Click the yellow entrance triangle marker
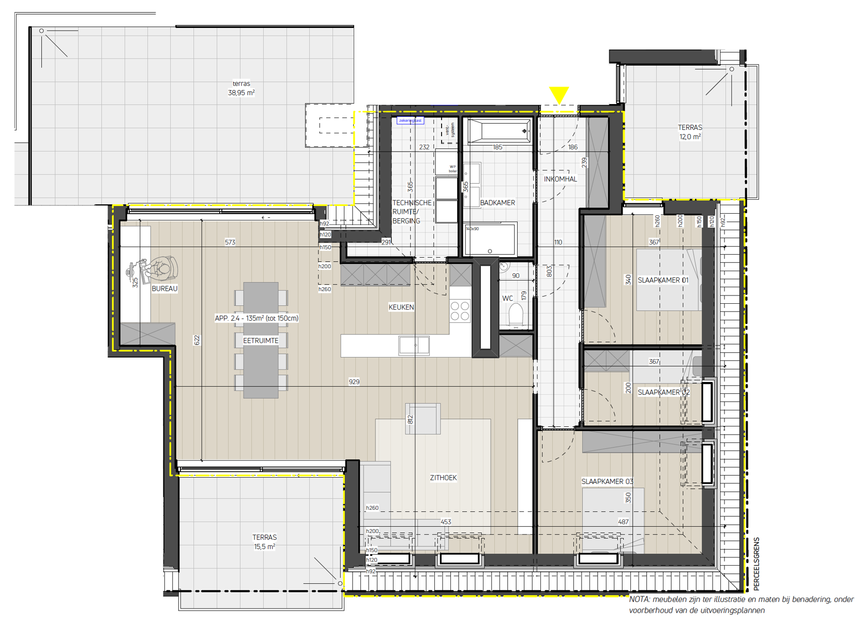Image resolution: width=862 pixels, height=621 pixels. point(559,95)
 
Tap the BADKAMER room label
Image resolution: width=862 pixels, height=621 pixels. point(497,203)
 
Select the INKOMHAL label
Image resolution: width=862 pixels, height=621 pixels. point(560,179)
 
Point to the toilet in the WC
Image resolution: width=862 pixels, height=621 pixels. point(516,315)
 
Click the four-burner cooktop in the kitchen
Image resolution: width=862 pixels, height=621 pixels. point(460,310)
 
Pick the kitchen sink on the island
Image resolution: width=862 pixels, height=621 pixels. point(414,345)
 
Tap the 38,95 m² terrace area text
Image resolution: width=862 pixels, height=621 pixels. point(241,93)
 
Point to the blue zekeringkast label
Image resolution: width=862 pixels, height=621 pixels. point(411,121)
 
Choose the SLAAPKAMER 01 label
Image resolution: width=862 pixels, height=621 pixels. point(663,280)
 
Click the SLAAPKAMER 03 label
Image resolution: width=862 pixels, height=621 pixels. point(607,481)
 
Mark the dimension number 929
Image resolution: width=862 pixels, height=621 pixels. point(354,382)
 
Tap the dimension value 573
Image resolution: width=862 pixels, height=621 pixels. point(230,242)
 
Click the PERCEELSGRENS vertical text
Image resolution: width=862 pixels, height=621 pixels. point(757,564)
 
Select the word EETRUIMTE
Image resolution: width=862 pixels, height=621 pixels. point(261,341)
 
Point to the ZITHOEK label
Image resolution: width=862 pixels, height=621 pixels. point(443,478)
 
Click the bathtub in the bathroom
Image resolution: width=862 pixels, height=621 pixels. point(499,131)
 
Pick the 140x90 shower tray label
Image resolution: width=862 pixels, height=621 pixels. point(472,229)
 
